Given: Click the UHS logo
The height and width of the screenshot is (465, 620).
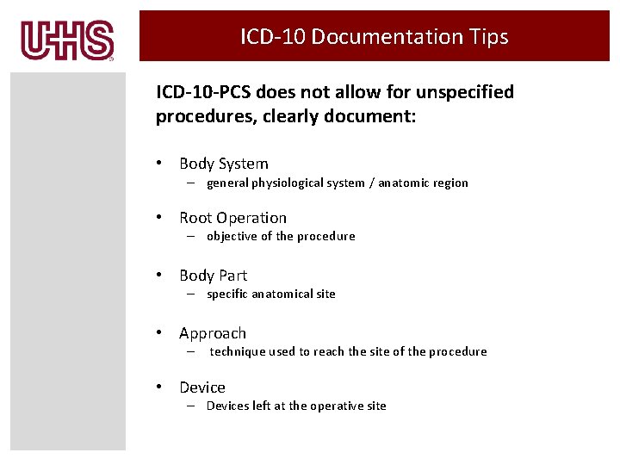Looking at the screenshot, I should tap(68, 40).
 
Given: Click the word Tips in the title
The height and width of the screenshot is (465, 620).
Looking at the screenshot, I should tap(487, 37).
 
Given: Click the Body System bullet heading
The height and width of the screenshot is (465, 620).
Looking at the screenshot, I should tap(224, 164).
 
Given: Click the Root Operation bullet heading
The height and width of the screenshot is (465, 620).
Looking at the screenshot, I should tap(232, 218).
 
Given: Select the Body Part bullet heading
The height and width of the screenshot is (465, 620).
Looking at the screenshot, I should tap(213, 276).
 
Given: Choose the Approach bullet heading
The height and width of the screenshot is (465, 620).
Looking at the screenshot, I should tap(213, 333).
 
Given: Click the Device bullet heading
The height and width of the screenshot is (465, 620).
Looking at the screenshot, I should tap(202, 387).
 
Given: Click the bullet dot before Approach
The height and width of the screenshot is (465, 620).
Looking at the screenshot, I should tap(160, 333).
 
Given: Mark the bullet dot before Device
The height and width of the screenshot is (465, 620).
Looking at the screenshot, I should tap(160, 387).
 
